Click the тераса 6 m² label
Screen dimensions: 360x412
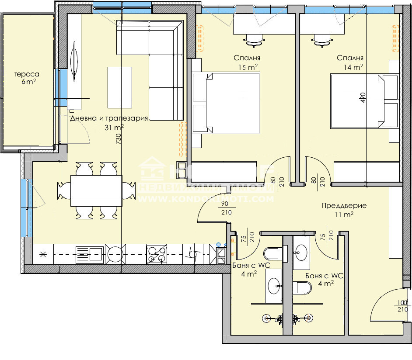click(27, 78)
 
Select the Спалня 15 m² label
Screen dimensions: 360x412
click(247, 62)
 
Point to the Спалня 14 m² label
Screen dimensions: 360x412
click(349, 62)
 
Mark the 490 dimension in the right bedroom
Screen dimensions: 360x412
click(363, 97)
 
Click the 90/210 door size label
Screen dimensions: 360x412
click(225, 208)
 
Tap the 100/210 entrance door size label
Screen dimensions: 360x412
click(402, 306)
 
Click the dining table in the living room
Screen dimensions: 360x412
click(96, 190)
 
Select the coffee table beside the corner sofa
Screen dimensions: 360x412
click(119, 87)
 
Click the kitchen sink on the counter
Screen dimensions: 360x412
click(90, 254)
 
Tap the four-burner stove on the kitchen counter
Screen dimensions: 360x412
click(157, 254)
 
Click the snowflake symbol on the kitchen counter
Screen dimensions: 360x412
click(43, 254)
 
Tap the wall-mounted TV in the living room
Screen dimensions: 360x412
click(74, 61)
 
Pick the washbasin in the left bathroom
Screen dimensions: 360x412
click(275, 287)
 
